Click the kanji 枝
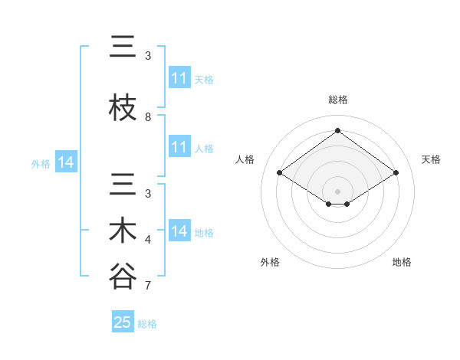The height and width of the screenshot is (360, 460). point(123,109)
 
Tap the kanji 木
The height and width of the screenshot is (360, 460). point(123,231)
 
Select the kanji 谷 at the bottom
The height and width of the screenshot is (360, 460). point(123,277)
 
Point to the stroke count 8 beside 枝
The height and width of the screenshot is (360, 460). point(148,117)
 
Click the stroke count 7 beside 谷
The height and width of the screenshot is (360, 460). point(148,286)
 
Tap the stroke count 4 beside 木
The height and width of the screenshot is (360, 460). point(148,240)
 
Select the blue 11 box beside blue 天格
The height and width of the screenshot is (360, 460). point(179,78)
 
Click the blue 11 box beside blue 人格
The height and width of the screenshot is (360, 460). point(179,147)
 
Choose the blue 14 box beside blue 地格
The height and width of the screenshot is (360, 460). point(179,231)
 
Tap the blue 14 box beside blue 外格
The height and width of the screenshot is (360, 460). point(65,162)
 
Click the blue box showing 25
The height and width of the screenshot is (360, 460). point(123,322)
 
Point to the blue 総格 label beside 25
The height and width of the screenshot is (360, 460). point(148,324)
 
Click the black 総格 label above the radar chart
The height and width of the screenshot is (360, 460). point(338,100)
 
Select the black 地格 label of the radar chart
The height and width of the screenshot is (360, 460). point(402,262)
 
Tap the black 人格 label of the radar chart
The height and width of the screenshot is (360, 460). point(245,159)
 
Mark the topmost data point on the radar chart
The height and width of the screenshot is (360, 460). point(337,131)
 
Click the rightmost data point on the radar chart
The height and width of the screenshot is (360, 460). point(396,173)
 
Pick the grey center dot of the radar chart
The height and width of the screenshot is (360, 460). point(337,190)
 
